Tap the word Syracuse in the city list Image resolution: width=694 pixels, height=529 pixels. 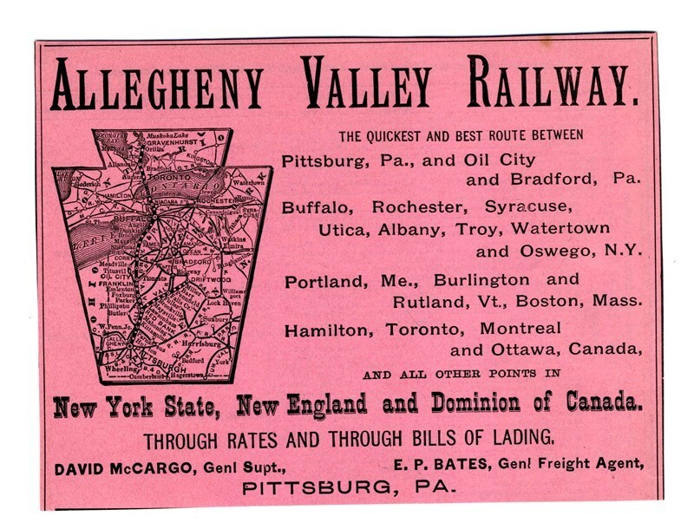tap(530, 209)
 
